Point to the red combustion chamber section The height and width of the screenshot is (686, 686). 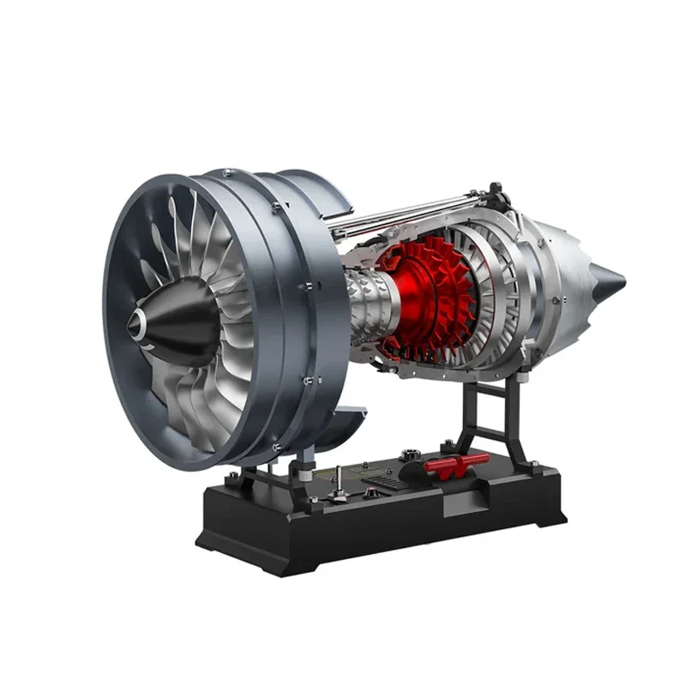coord(424,296)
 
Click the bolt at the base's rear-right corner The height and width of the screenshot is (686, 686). coord(535,464)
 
